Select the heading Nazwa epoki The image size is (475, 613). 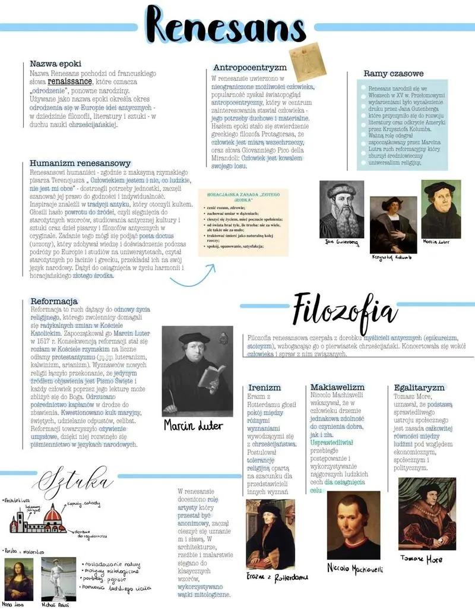click(55, 64)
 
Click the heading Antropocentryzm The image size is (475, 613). click(249, 68)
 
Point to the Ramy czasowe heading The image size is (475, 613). click(393, 74)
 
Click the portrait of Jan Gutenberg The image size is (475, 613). click(341, 209)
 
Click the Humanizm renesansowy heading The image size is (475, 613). click(80, 163)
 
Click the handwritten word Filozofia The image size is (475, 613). click(344, 311)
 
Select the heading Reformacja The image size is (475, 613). click(54, 301)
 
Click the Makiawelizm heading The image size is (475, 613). click(337, 387)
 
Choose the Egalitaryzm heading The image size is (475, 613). click(419, 387)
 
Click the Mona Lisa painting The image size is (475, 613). click(19, 578)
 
